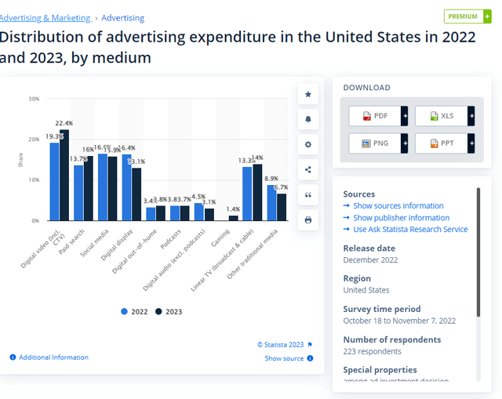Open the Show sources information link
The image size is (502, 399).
[x=398, y=206]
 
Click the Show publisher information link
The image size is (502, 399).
[x=401, y=218]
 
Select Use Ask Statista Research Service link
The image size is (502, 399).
[x=409, y=230]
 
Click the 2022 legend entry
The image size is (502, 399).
[x=134, y=311]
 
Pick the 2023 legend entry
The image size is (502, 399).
[x=168, y=311]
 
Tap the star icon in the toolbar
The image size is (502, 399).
[x=307, y=94]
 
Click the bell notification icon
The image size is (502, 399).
[x=307, y=119]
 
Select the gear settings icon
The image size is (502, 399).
[x=307, y=144]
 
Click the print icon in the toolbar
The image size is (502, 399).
[x=307, y=220]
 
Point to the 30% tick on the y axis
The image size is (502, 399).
[x=34, y=99]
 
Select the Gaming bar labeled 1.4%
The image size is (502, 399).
[x=233, y=218]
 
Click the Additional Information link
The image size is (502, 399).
[x=53, y=357]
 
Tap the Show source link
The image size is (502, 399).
[x=284, y=358]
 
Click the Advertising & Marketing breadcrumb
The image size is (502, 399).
[x=45, y=18]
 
